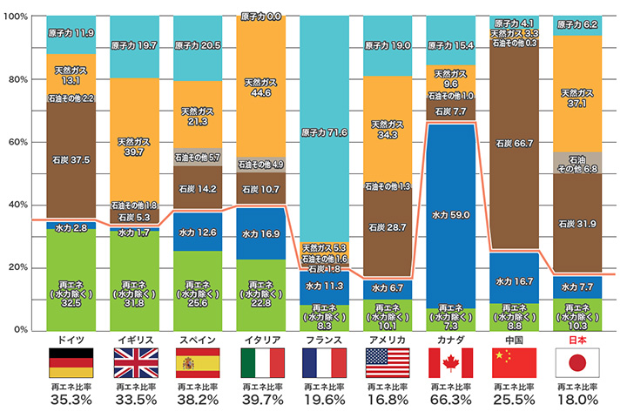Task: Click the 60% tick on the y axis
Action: tap(17, 142)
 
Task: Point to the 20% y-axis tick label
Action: tap(17, 267)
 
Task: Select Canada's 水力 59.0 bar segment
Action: tap(450, 213)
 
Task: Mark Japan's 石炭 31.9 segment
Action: tap(576, 225)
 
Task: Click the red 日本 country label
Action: tap(576, 340)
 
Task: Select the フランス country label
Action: tap(324, 340)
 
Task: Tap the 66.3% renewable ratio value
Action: tap(450, 401)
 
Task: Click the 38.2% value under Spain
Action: tap(197, 401)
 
